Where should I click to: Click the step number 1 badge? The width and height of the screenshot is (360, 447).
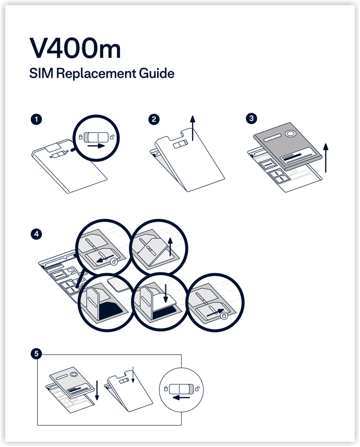tap(36, 119)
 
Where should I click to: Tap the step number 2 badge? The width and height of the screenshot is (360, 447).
tap(154, 119)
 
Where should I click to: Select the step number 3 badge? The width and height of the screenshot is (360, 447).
tap(251, 119)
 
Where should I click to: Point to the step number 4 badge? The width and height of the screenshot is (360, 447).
tap(36, 234)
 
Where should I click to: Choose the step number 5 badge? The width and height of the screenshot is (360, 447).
tap(36, 354)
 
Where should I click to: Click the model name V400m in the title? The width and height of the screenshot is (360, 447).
tap(75, 48)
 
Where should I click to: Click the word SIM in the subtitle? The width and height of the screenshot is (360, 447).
tap(41, 73)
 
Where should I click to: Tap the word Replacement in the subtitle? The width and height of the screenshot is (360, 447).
tap(96, 74)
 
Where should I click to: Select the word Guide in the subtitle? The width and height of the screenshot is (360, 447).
tap(157, 73)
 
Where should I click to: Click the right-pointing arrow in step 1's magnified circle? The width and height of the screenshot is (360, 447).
tap(97, 146)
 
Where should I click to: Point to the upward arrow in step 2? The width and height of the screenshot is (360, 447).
tap(193, 128)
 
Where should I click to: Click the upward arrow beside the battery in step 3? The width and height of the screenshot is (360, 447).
tap(326, 158)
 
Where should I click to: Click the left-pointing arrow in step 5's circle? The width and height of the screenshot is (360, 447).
tap(181, 398)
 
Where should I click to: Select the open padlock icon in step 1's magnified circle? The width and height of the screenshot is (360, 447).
tap(113, 137)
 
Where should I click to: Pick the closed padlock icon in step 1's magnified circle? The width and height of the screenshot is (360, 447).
tap(80, 137)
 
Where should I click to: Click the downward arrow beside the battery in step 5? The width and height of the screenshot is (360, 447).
tap(97, 390)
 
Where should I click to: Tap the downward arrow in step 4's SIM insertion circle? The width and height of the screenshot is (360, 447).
tap(165, 293)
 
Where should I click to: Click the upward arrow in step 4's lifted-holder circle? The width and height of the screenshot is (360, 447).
tap(170, 246)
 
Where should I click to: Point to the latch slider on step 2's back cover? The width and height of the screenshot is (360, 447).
tap(181, 144)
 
